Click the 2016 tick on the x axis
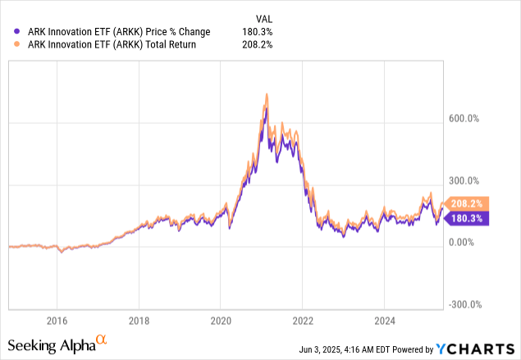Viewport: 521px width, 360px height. point(57,321)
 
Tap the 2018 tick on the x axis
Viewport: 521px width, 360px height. point(139,321)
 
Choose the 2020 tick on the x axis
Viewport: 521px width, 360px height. point(222,321)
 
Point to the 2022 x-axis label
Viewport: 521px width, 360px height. point(304,321)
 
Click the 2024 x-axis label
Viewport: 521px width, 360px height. point(387,321)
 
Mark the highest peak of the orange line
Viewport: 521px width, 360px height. point(267,94)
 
